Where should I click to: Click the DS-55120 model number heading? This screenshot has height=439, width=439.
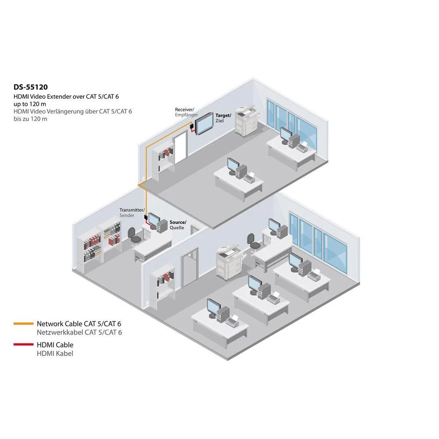click(30, 87)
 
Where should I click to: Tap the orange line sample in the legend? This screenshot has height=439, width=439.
click(24, 324)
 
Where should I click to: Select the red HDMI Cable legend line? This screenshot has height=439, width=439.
click(24, 345)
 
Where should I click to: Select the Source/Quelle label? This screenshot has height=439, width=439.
click(178, 225)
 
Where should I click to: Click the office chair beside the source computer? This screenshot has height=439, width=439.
click(134, 234)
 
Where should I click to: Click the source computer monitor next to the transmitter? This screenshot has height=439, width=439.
click(154, 219)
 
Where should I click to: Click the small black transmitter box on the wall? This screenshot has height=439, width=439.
click(144, 218)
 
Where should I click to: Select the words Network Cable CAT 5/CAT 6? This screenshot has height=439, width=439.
click(79, 324)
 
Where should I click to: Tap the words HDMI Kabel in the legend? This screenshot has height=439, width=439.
click(55, 353)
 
